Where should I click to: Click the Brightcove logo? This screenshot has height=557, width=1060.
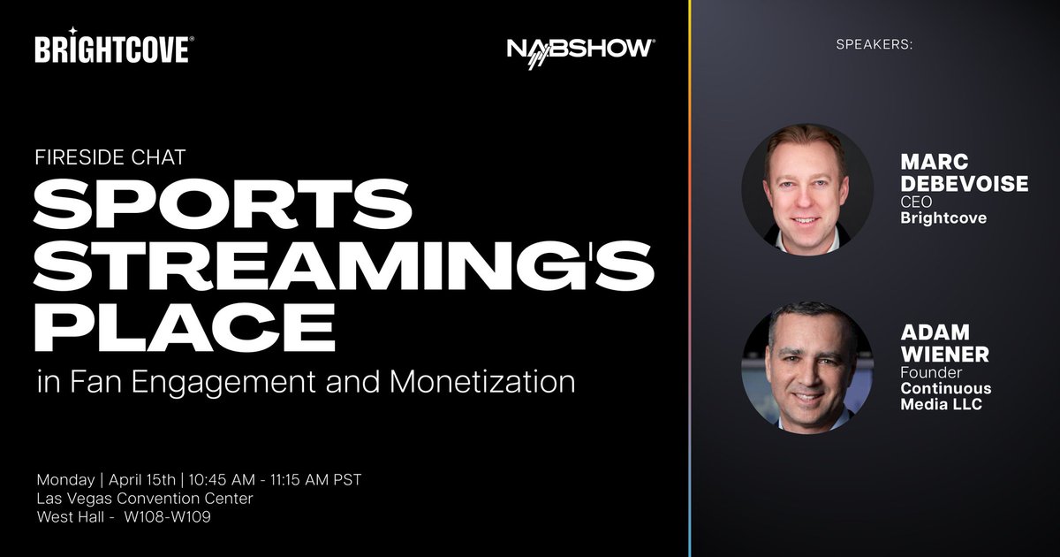coord(111,49)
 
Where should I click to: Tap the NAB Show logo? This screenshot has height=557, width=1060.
coord(580,50)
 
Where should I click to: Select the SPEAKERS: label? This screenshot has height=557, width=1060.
coord(874,44)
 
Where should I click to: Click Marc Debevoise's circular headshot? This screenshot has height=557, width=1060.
coord(806,189)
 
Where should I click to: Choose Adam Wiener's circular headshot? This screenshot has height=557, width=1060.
coord(806,366)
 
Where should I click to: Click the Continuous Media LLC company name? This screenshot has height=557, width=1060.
coord(945,397)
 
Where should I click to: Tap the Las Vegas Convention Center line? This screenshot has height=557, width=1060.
coord(145,499)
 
